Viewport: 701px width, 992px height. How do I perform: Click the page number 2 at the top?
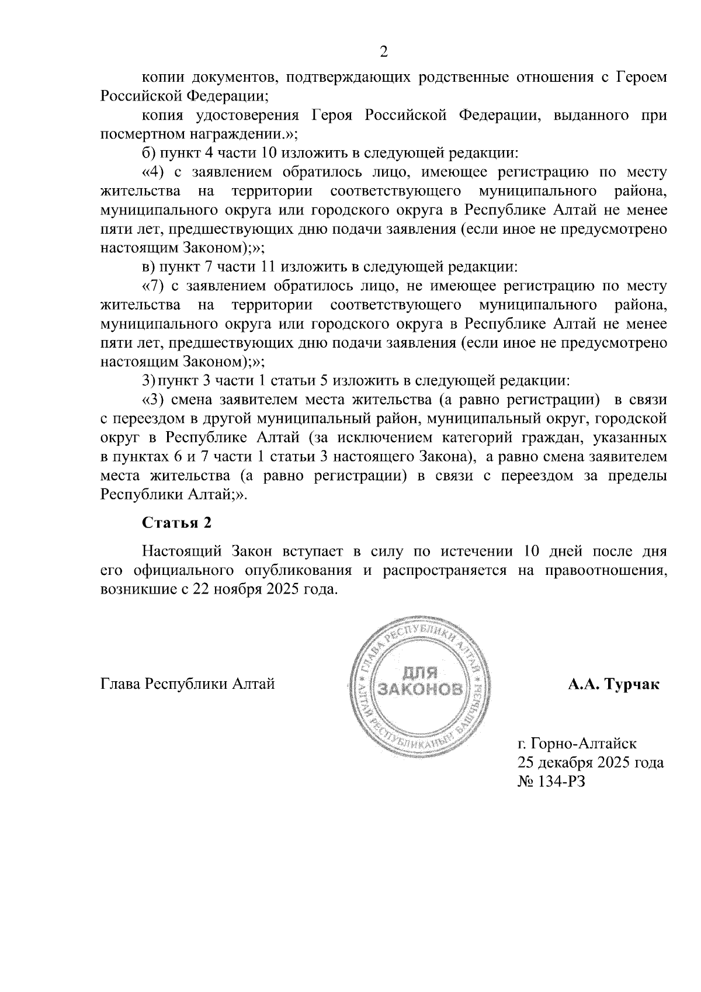(x=384, y=52)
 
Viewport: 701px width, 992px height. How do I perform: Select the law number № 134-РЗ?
(x=550, y=781)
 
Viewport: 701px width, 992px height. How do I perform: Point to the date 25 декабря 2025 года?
(x=590, y=762)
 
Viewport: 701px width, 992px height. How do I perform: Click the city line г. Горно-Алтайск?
(x=577, y=744)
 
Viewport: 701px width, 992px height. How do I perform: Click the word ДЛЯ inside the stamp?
(x=421, y=673)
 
